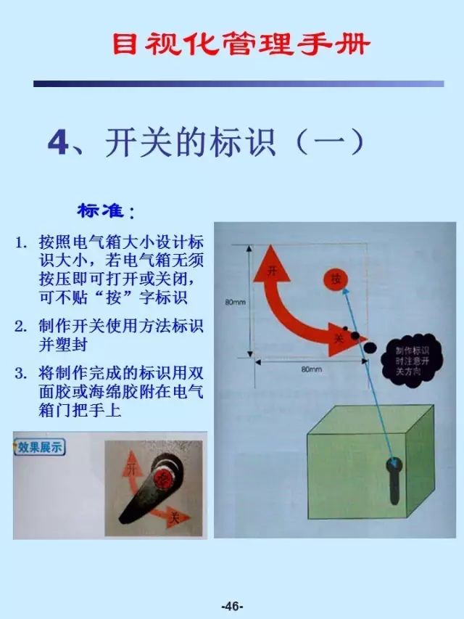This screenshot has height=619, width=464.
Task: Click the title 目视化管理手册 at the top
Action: [x=241, y=45]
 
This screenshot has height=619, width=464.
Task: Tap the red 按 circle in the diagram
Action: [x=335, y=279]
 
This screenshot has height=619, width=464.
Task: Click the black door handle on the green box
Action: [x=395, y=479]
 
